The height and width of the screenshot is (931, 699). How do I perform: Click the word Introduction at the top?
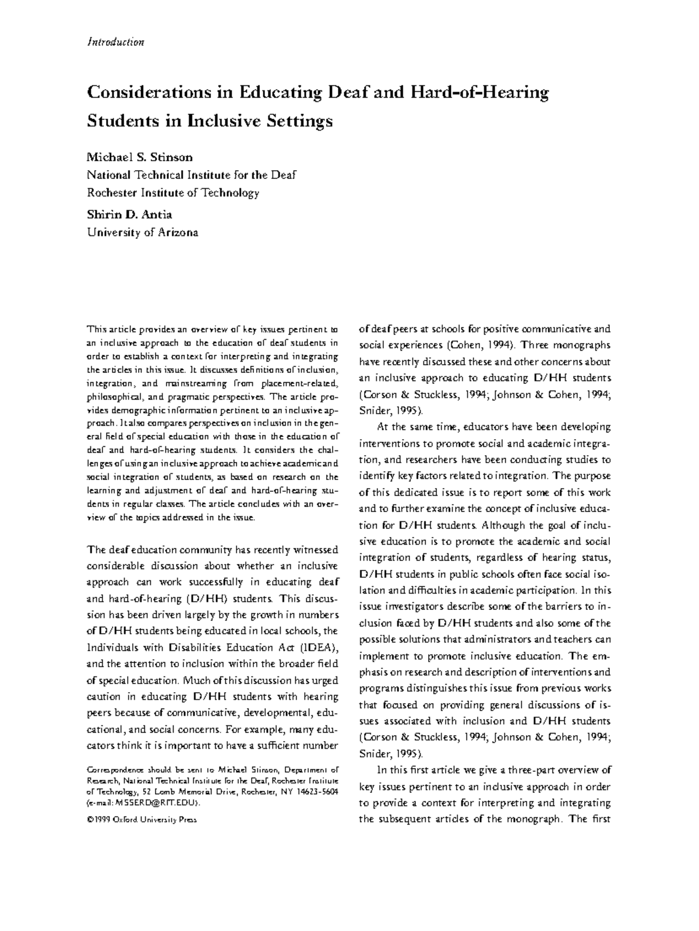click(x=115, y=42)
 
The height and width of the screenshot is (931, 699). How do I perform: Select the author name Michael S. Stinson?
click(x=140, y=157)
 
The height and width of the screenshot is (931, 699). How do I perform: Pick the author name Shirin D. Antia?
click(x=129, y=214)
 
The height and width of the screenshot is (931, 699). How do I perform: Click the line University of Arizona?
click(x=143, y=232)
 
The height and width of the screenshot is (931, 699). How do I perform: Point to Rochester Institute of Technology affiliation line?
click(x=173, y=192)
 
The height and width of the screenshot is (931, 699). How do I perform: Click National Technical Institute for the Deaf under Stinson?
click(x=192, y=175)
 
